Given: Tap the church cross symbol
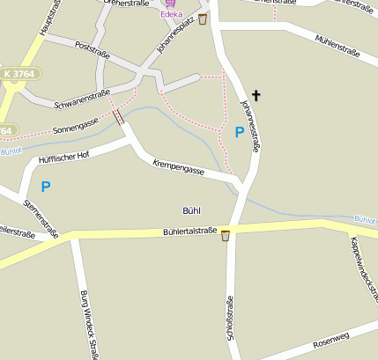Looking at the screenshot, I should [x=256, y=94].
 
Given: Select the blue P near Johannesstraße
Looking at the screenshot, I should [x=239, y=132].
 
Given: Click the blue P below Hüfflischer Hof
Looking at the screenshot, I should [x=45, y=186].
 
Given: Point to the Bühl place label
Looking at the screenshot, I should [x=191, y=210].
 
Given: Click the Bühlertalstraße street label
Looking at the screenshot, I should [x=189, y=231].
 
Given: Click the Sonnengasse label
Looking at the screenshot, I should [x=77, y=129].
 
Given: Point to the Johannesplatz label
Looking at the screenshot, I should [x=174, y=35].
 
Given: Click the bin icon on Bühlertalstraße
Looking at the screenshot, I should [x=226, y=235].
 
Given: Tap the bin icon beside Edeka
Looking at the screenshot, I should [x=204, y=18].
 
